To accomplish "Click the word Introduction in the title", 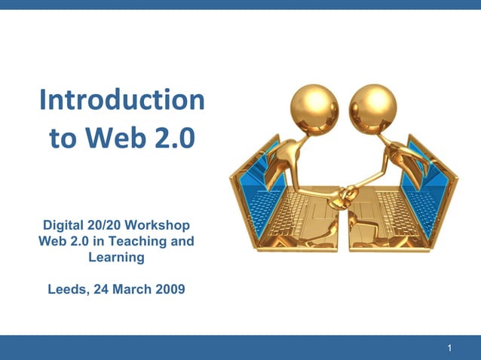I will click(121, 100).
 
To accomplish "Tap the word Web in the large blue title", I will click(114, 139).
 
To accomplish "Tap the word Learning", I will click(116, 258).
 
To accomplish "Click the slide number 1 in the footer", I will click(449, 348).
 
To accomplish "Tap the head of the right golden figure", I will click(373, 106).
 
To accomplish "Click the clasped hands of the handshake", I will click(345, 194).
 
